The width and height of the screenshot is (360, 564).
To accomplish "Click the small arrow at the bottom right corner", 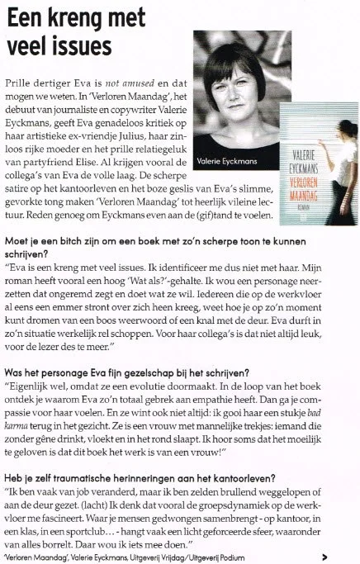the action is [349, 557].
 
